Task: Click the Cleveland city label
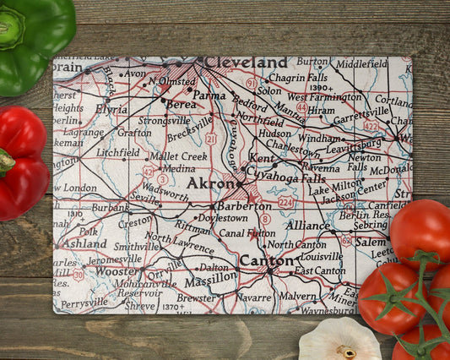245,63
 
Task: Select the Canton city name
265,260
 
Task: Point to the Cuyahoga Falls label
290,179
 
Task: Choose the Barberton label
244,205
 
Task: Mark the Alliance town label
306,226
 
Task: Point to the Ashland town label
84,243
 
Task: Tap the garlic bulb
339,341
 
